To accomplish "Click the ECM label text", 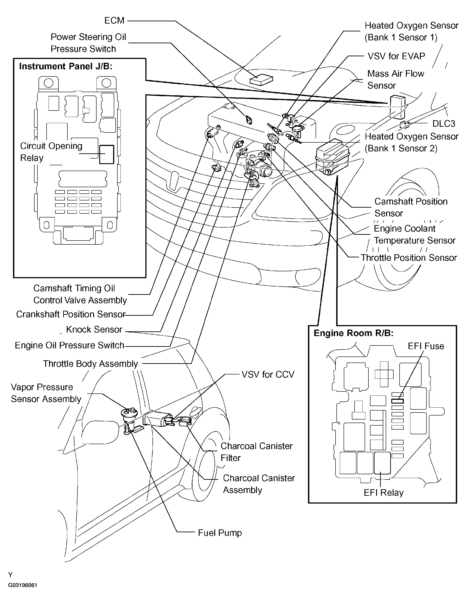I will pyautogui.click(x=114, y=21).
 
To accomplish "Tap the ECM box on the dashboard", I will pyautogui.click(x=261, y=80).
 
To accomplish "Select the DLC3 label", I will pyautogui.click(x=443, y=124).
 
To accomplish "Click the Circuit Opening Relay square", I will pyautogui.click(x=106, y=154).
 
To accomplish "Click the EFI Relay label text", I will pyautogui.click(x=383, y=493).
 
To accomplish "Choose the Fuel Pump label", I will pyautogui.click(x=220, y=533).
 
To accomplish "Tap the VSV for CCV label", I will pyautogui.click(x=268, y=374).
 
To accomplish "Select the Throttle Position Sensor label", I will pyautogui.click(x=409, y=258).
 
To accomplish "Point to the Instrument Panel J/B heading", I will pyautogui.click(x=65, y=66).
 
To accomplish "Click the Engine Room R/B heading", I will pyautogui.click(x=353, y=333).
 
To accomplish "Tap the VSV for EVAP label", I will pyautogui.click(x=396, y=56).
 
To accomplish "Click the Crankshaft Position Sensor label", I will pyautogui.click(x=71, y=314).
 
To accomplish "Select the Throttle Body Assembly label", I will pyautogui.click(x=90, y=364).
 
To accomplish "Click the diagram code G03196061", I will pyautogui.click(x=23, y=585).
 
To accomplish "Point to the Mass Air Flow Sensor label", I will pyautogui.click(x=395, y=79).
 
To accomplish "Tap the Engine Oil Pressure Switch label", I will pyautogui.click(x=69, y=345).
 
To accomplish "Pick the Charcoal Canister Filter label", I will pyautogui.click(x=256, y=452).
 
